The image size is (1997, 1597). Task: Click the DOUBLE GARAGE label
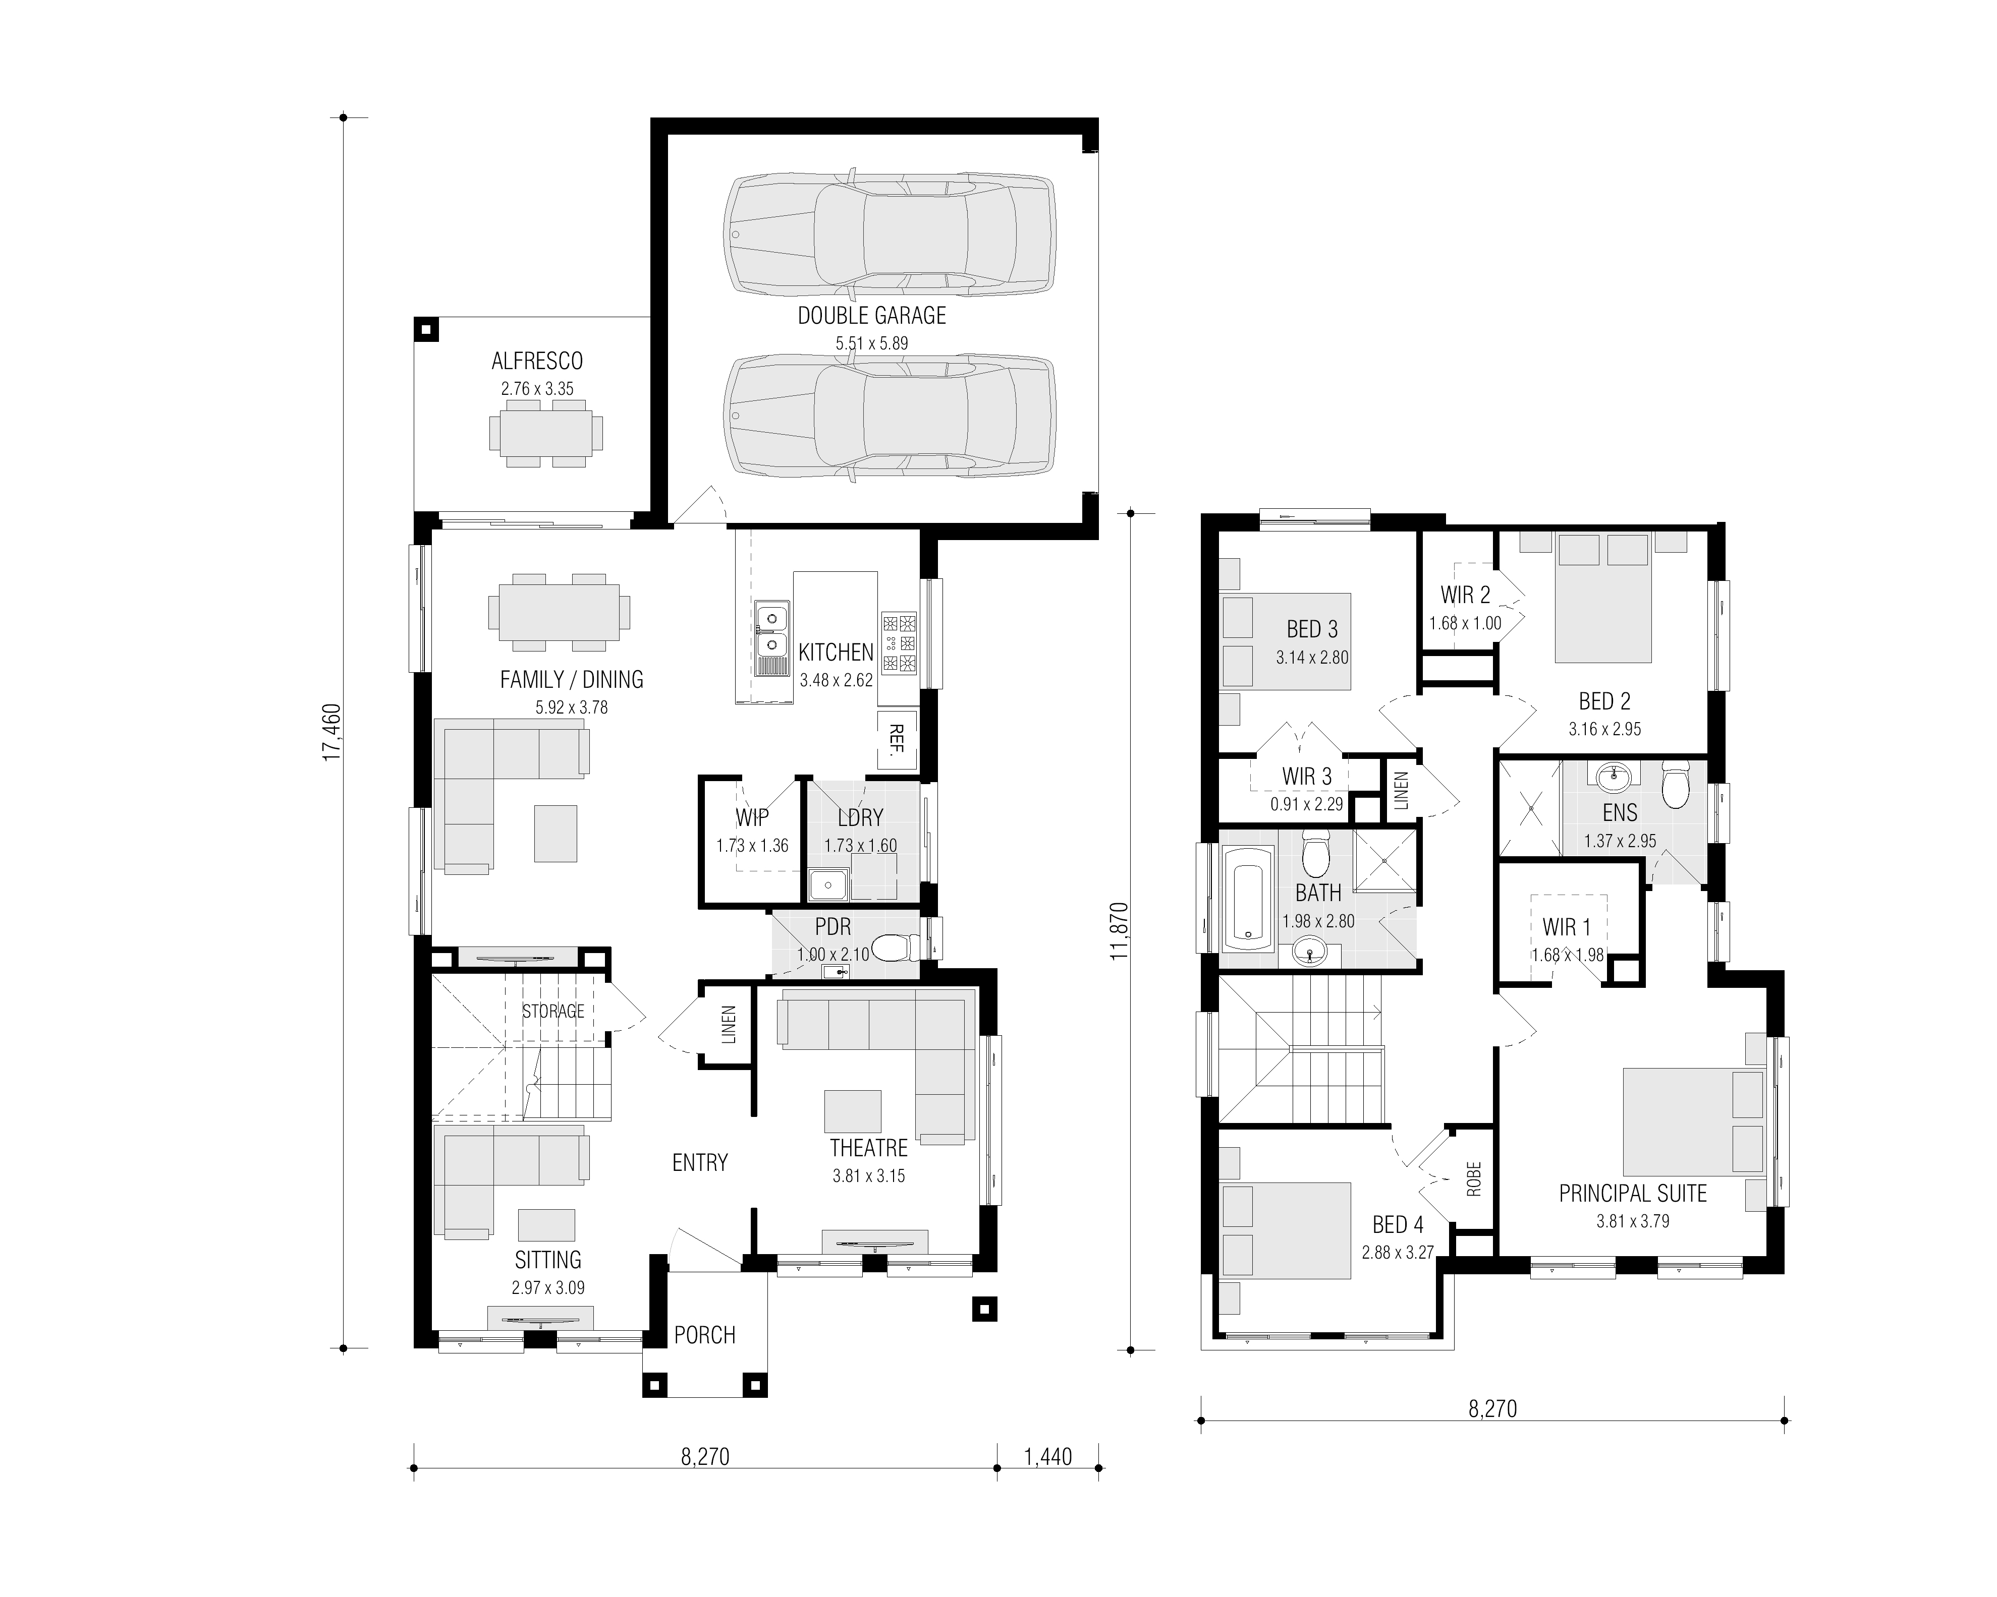pos(871,316)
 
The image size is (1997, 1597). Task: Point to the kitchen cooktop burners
pos(899,641)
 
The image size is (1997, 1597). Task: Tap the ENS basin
pos(1614,777)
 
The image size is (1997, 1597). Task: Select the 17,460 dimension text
pos(331,732)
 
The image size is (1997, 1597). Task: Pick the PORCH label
pos(705,1335)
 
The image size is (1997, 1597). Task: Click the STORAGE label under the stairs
pos(553,1011)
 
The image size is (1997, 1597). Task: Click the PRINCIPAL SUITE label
pos(1633,1194)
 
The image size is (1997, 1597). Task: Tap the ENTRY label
pos(700,1163)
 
